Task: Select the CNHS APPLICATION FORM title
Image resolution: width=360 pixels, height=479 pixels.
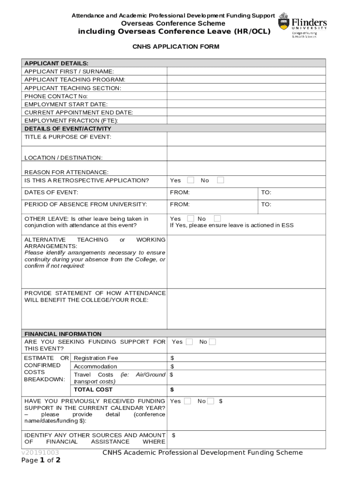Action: tap(175, 47)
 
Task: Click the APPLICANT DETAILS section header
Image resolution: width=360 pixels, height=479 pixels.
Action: tap(56, 63)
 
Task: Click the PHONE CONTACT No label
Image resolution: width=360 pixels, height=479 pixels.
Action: tap(56, 96)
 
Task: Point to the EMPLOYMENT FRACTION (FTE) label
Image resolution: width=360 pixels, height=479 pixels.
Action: tap(71, 121)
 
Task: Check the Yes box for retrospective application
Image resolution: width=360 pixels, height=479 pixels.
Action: tap(191, 180)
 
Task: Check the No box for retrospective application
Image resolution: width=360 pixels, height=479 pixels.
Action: tap(221, 180)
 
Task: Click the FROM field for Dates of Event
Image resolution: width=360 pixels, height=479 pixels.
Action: tap(213, 192)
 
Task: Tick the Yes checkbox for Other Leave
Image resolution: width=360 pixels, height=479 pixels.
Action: tap(191, 218)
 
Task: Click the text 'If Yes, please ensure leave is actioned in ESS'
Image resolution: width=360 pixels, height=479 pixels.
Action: tap(231, 225)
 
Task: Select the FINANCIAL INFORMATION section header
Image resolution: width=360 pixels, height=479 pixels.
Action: tap(63, 334)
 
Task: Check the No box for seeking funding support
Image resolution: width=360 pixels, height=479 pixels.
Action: tap(212, 342)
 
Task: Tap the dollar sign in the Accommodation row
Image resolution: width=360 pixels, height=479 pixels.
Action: tap(172, 366)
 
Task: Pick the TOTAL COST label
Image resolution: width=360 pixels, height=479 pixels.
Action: tap(93, 389)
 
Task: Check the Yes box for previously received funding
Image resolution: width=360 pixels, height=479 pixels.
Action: tap(187, 401)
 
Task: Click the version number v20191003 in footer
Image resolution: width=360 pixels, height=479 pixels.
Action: tap(40, 453)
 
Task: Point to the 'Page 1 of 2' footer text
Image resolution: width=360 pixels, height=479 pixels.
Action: tap(41, 460)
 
